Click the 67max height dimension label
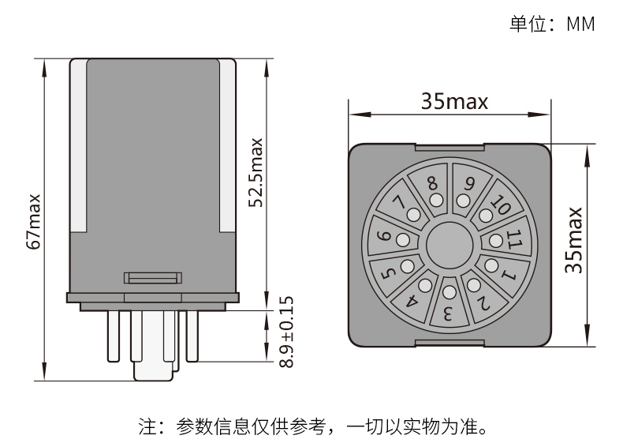(34, 221)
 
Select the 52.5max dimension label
(256, 173)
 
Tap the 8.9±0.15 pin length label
(285, 332)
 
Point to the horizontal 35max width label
(453, 101)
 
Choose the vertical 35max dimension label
(575, 240)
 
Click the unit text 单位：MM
(551, 23)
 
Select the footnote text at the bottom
(312, 428)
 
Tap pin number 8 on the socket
(432, 183)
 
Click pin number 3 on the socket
(447, 313)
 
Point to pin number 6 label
(384, 235)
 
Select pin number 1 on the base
(509, 276)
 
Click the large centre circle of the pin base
(449, 246)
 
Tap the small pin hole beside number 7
(413, 214)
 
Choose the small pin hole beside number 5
(408, 265)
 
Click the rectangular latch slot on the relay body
(153, 277)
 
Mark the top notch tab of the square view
(450, 146)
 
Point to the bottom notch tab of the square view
(450, 342)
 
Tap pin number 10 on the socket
(500, 207)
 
